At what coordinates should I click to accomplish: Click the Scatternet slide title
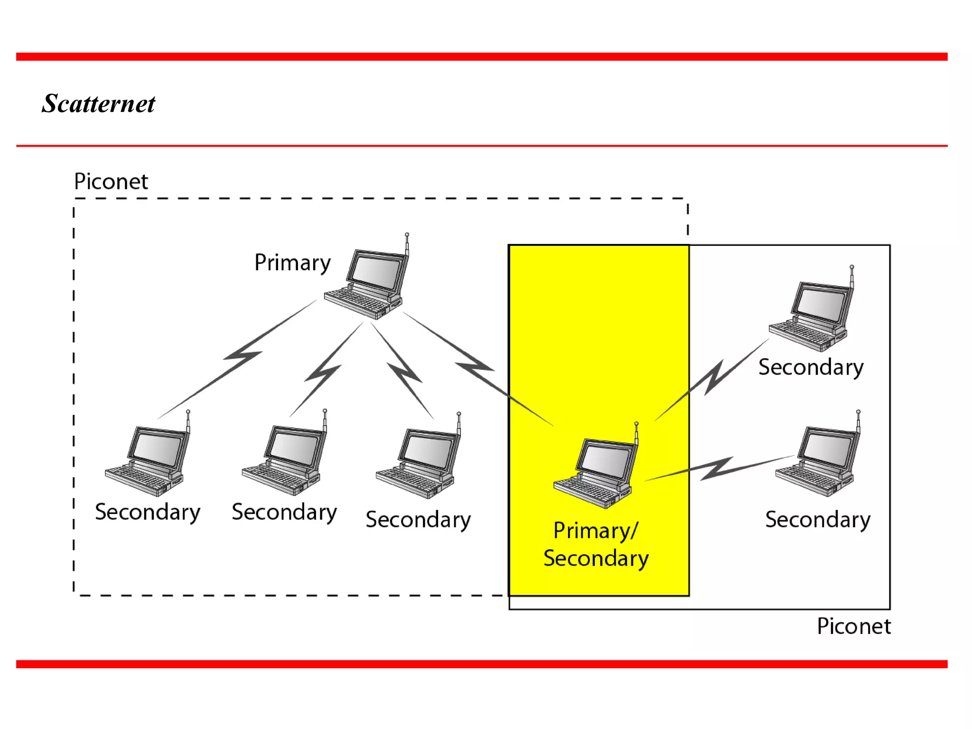(98, 103)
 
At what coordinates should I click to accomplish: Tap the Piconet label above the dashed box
(111, 181)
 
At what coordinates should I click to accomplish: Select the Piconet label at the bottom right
(853, 626)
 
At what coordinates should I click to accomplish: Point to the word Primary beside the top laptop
(292, 262)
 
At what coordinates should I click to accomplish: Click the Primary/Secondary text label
(596, 544)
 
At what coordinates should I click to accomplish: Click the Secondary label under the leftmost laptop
(148, 512)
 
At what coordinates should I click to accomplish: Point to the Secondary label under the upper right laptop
(811, 367)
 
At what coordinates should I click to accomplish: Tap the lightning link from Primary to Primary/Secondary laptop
(475, 367)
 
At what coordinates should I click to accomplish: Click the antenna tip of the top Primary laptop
(407, 235)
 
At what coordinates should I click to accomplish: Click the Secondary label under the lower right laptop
(818, 520)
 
